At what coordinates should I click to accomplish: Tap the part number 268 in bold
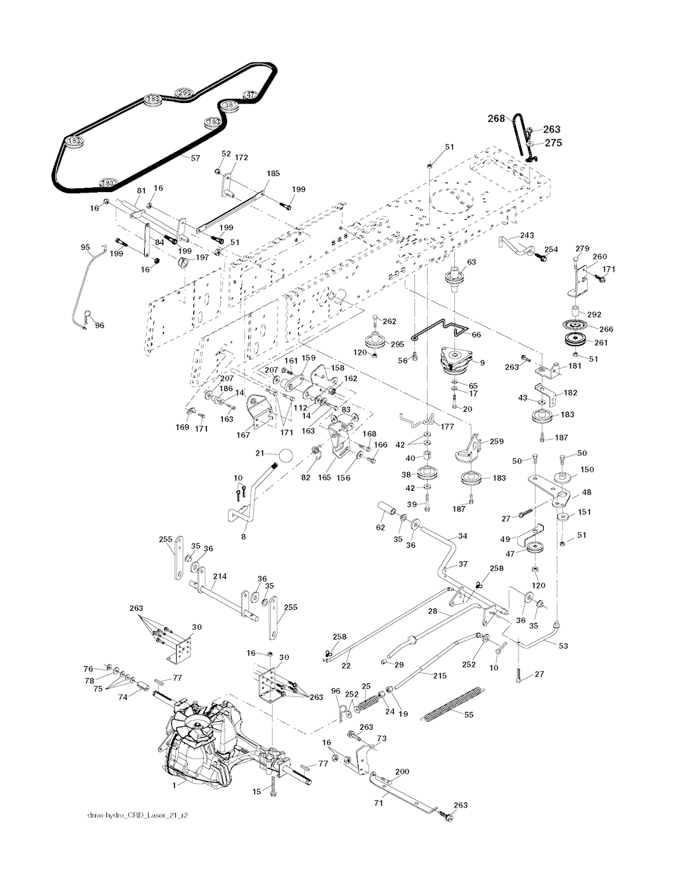tap(497, 119)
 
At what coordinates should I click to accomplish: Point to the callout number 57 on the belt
tap(195, 159)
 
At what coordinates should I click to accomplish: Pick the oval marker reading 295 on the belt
tap(184, 92)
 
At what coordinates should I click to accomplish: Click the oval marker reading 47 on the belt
tap(250, 94)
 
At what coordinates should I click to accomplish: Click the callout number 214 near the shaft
tap(220, 576)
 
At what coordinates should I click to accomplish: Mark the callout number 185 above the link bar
tap(273, 173)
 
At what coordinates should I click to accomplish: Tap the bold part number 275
tap(554, 142)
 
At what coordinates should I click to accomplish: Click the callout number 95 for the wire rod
tap(85, 248)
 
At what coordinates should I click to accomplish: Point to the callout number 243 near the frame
tap(527, 235)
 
